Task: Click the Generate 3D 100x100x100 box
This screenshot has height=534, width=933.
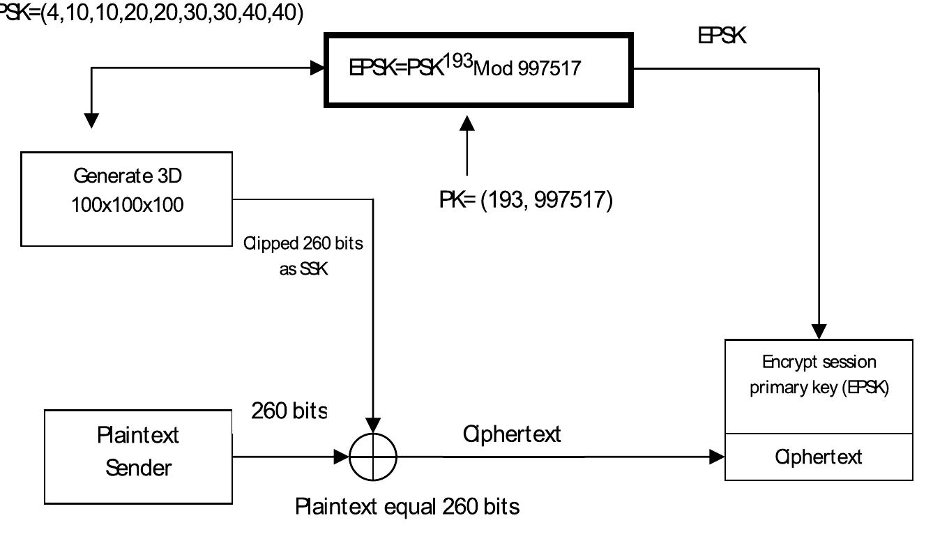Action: (127, 199)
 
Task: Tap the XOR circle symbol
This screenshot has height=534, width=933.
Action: (373, 457)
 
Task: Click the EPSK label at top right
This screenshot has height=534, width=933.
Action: (722, 36)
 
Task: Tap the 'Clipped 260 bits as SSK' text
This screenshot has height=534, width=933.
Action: (303, 256)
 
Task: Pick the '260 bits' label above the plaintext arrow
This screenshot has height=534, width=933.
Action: (289, 411)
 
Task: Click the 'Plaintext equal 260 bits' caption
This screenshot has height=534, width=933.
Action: (407, 506)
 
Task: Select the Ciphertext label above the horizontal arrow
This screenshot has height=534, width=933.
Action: (512, 434)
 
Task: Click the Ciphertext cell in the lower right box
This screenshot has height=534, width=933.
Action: (819, 457)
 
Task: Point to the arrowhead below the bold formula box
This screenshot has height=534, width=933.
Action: (467, 123)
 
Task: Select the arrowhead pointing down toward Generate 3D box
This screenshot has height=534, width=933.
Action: (91, 120)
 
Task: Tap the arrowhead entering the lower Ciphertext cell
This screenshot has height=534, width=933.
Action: (715, 457)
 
